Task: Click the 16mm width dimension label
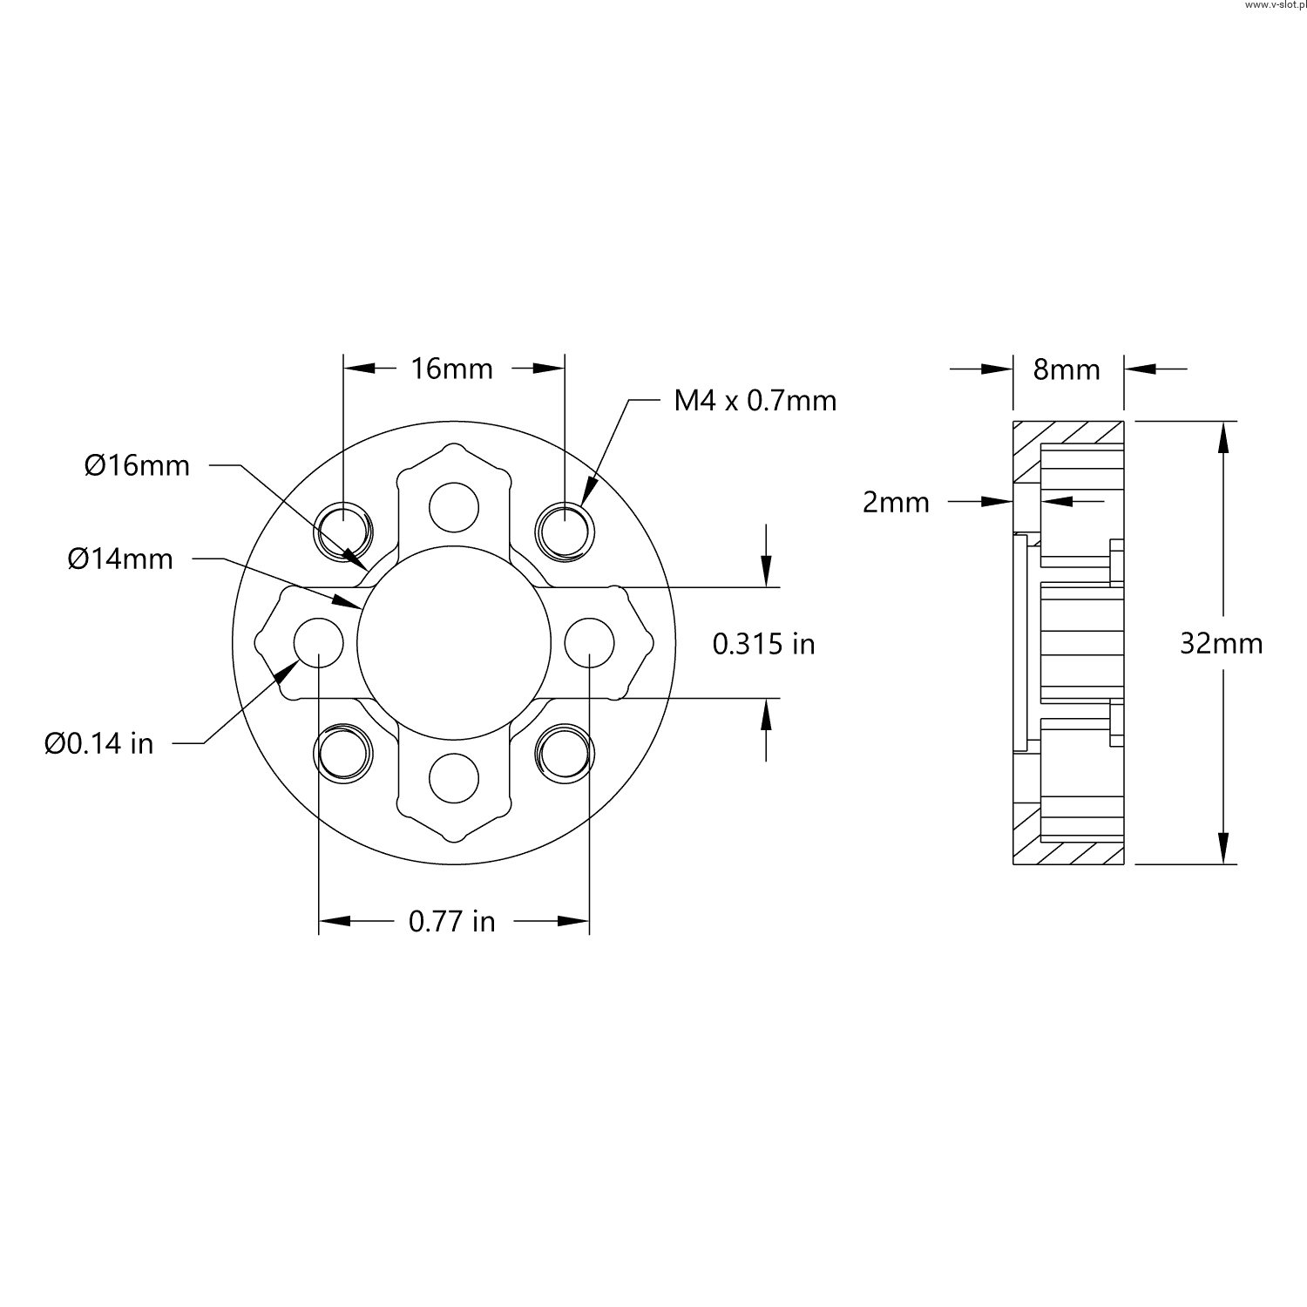(452, 369)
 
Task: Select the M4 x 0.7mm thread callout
(755, 400)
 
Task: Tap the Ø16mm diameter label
(137, 465)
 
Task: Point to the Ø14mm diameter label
(120, 559)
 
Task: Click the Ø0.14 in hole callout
(99, 743)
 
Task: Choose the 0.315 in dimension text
(764, 643)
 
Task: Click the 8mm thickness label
(1067, 369)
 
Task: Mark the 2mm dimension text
(896, 502)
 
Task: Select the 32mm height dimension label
(1221, 643)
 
